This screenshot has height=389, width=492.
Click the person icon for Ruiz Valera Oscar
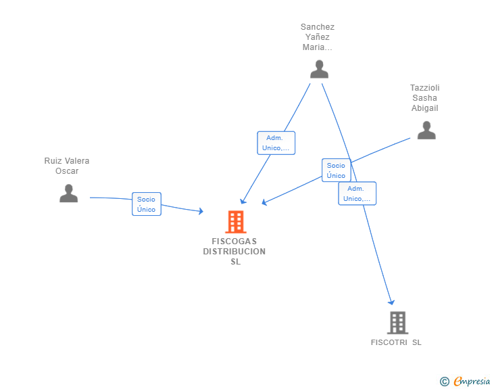[x=68, y=193]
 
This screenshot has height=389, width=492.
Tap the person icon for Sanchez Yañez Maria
[x=319, y=69]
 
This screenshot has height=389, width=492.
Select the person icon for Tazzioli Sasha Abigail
[x=426, y=130]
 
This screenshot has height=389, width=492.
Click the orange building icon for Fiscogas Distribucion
[x=236, y=221]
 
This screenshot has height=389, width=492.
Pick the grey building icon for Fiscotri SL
[x=397, y=323]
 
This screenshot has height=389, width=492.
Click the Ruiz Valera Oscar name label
[x=67, y=166]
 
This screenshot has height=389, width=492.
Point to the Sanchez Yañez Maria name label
[x=317, y=37]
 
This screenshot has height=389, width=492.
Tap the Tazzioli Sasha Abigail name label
[x=425, y=97]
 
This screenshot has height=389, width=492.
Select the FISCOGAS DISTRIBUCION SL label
[x=235, y=252]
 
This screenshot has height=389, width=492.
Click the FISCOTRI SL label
[x=396, y=342]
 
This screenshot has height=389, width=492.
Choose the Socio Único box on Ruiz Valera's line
[x=147, y=204]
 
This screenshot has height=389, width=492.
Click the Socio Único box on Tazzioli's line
[x=336, y=170]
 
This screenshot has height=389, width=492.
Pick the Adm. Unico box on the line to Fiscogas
[x=276, y=143]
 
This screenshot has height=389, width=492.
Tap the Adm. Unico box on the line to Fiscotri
[x=357, y=193]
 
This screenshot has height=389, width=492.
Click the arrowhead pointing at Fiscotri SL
[x=391, y=302]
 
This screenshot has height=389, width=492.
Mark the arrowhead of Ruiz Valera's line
[x=201, y=211]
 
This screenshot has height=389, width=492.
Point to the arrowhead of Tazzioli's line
[x=264, y=202]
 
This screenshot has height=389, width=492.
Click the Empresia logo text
[x=472, y=382]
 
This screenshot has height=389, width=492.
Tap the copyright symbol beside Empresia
[x=444, y=382]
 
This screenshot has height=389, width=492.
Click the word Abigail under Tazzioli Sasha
[x=425, y=108]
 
